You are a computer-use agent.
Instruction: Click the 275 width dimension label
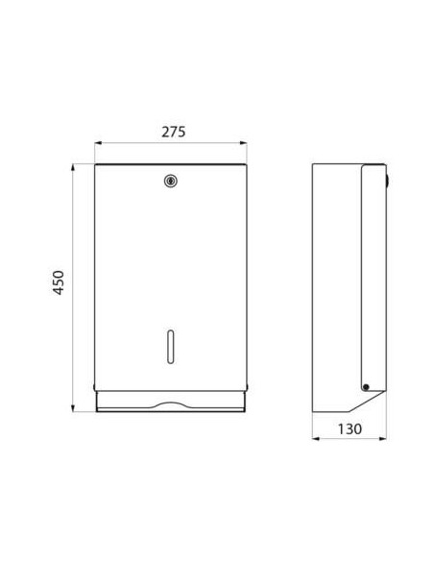point(171,129)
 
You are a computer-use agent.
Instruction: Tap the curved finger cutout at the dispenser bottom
point(171,402)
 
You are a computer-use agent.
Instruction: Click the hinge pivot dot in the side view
point(365,386)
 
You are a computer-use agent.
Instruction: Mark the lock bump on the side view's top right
point(388,177)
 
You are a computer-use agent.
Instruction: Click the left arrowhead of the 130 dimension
point(319,443)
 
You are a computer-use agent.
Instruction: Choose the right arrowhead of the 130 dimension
point(386,443)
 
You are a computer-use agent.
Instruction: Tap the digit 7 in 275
point(171,129)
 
